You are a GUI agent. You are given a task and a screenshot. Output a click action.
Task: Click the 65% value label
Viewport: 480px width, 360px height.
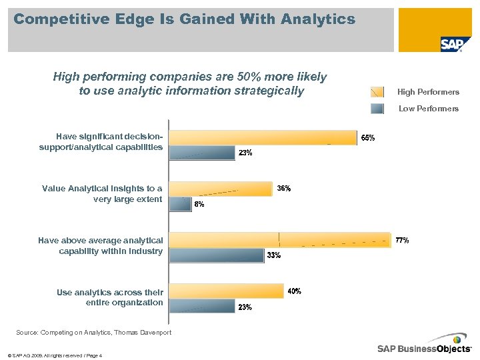point(368,138)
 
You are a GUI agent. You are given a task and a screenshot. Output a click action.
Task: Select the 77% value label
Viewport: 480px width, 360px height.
point(402,240)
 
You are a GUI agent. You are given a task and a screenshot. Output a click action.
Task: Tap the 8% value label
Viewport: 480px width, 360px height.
point(199,205)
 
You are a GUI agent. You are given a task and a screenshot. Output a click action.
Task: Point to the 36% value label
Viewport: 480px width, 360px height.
point(283,189)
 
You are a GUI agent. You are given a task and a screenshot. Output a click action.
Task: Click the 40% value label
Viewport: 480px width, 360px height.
point(294,291)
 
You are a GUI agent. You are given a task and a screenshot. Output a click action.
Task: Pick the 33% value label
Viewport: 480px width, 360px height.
point(273,255)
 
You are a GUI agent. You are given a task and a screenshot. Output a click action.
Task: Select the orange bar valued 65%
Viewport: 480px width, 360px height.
point(263,137)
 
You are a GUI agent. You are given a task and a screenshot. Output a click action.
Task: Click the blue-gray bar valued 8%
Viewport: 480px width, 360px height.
point(180,204)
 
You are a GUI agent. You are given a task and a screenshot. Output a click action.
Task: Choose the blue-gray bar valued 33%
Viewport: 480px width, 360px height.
point(217,255)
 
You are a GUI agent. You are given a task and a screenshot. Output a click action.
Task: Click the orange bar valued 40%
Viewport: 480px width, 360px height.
point(226,291)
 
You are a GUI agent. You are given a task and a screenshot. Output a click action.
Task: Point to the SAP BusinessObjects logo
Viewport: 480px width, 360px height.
point(424,348)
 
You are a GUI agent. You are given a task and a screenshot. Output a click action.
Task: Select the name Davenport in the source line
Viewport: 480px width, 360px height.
point(153,333)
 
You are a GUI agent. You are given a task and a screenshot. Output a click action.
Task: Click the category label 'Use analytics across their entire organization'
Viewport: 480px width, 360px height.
point(109,297)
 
